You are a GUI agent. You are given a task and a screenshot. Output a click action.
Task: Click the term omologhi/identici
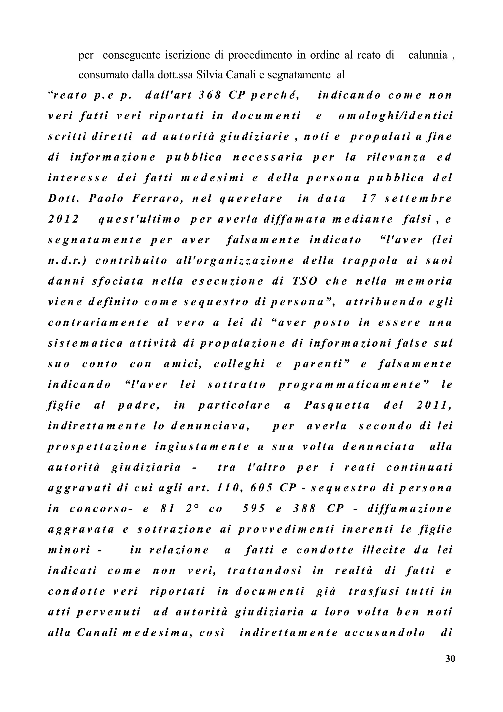(x=395, y=116)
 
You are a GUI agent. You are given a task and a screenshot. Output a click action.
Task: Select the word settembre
(x=419, y=199)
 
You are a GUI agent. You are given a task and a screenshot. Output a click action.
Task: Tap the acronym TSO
(x=305, y=281)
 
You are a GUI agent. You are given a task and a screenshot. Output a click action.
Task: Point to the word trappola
(x=370, y=260)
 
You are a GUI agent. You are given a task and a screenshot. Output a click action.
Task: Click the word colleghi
(x=239, y=364)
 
